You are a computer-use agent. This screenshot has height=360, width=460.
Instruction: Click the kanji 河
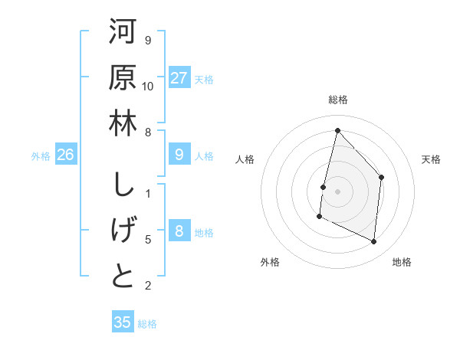coord(123,34)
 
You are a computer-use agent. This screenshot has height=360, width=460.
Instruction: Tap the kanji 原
coord(123,79)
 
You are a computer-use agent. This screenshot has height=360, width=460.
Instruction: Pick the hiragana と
coord(123,276)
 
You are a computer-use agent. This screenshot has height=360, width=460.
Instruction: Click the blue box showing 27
coord(179,77)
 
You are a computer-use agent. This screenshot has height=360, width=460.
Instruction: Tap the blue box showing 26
coord(66,155)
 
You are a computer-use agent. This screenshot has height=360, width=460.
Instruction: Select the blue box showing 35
coord(123,322)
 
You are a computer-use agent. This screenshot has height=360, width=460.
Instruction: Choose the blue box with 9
coord(179,155)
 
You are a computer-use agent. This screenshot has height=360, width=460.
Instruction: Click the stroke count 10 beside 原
coord(148,85)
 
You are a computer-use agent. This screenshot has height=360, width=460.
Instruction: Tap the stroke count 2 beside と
coord(148,286)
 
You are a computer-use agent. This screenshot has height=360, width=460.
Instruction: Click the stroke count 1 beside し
coord(148,194)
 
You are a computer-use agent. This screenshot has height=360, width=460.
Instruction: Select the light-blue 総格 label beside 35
coord(147,324)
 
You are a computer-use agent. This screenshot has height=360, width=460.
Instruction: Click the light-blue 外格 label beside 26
coord(41,156)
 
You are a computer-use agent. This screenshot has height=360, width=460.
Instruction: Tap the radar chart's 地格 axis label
coord(402,262)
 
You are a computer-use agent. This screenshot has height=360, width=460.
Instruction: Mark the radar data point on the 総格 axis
coord(337,130)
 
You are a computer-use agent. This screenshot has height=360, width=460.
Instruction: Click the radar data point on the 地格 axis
coord(374,241)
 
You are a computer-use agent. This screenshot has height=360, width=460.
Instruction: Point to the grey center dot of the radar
coord(337,191)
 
